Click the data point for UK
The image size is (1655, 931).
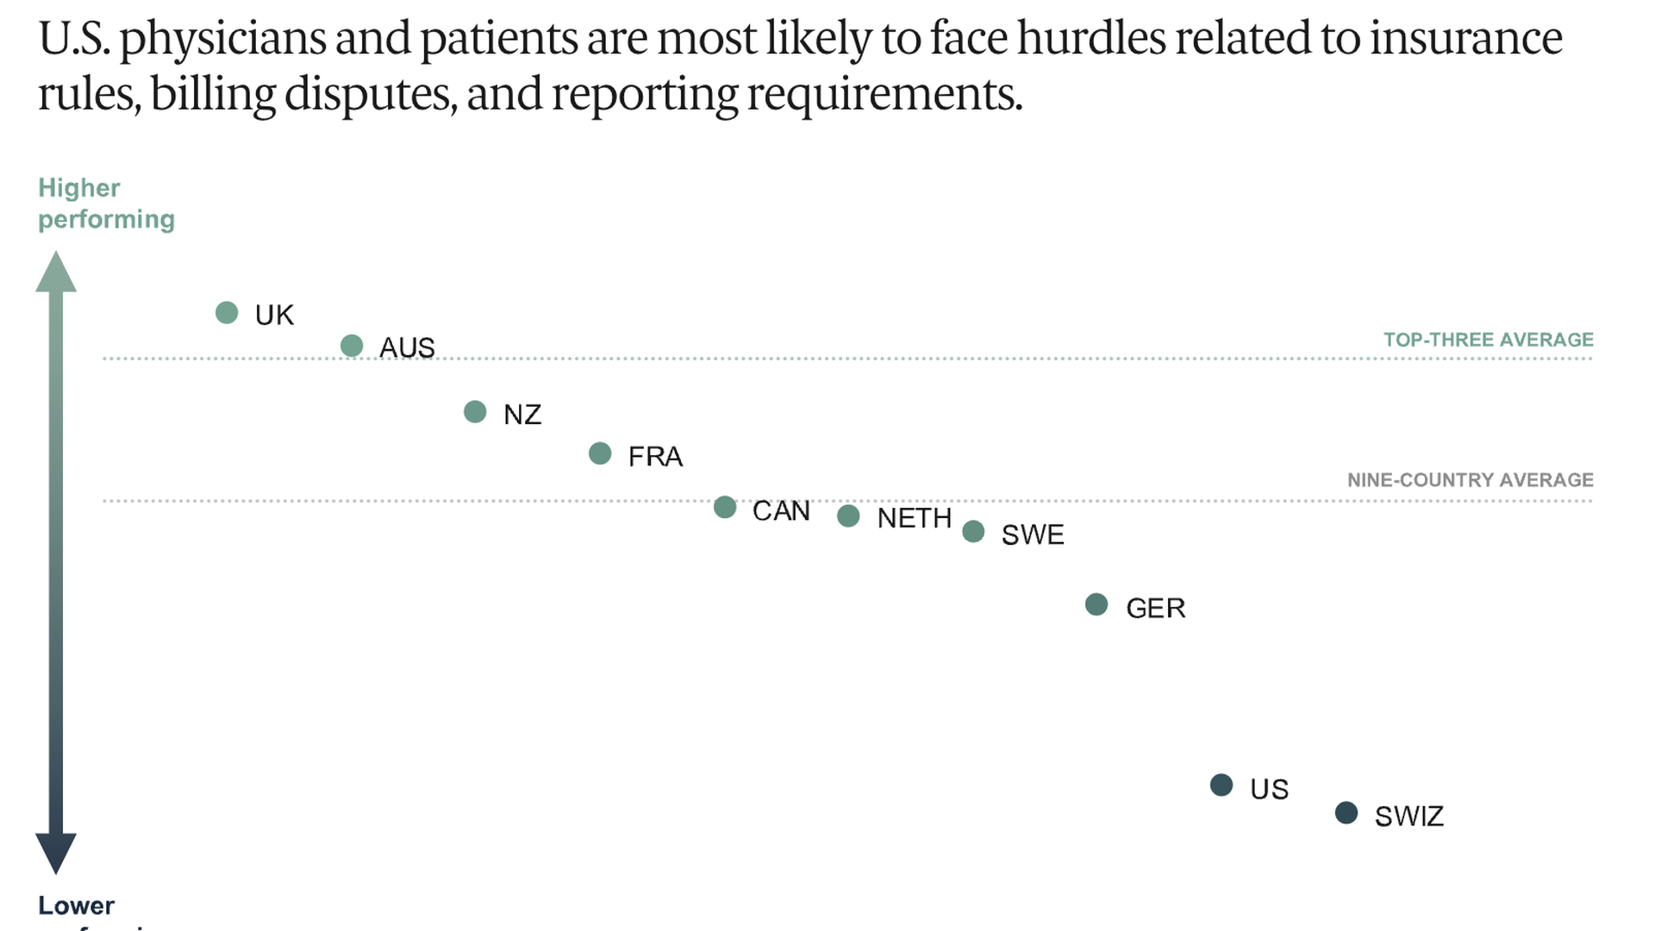tap(227, 313)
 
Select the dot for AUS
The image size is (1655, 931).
tap(352, 346)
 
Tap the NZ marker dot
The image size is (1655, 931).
tap(475, 412)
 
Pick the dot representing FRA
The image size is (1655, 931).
tap(600, 453)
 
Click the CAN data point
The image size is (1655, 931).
tap(725, 507)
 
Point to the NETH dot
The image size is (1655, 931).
tap(848, 515)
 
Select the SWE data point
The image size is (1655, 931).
tap(973, 531)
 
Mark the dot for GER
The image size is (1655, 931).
tap(1096, 604)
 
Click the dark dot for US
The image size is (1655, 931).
tap(1221, 784)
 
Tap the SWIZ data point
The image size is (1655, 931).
tap(1346, 812)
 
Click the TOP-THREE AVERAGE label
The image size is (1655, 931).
tap(1488, 340)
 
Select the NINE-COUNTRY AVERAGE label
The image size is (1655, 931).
tap(1470, 480)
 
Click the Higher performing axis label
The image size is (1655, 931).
tap(105, 203)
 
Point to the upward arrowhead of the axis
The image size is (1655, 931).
tap(56, 272)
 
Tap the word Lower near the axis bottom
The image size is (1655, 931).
tap(76, 905)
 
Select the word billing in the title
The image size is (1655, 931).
tap(212, 93)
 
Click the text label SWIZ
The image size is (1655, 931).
tap(1408, 816)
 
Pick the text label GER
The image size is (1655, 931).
tap(1155, 609)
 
